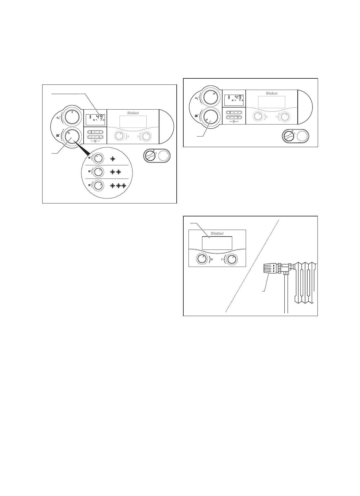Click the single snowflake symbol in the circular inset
click(x=113, y=159)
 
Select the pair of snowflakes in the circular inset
click(x=116, y=172)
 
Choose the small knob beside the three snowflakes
click(x=99, y=185)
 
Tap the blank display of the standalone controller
click(x=217, y=243)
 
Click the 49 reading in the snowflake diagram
click(x=100, y=117)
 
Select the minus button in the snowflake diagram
click(x=91, y=137)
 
